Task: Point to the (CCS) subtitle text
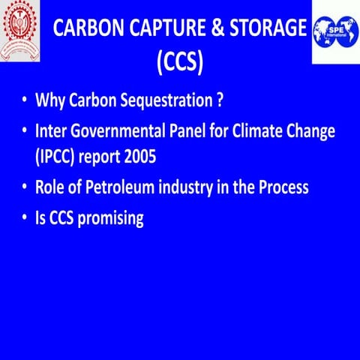[x=180, y=61]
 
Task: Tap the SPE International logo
[x=335, y=31]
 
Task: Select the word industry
[x=184, y=187]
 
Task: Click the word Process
[x=280, y=187]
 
